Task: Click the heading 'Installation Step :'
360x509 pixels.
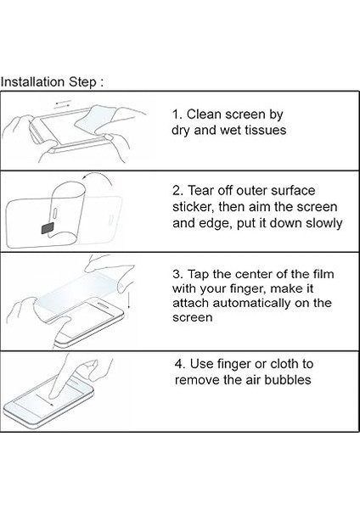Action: click(52, 81)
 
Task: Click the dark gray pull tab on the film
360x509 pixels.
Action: click(48, 228)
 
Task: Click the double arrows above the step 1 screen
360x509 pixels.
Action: click(63, 103)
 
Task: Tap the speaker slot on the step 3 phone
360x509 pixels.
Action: click(104, 305)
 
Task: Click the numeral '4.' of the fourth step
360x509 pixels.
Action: click(180, 364)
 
